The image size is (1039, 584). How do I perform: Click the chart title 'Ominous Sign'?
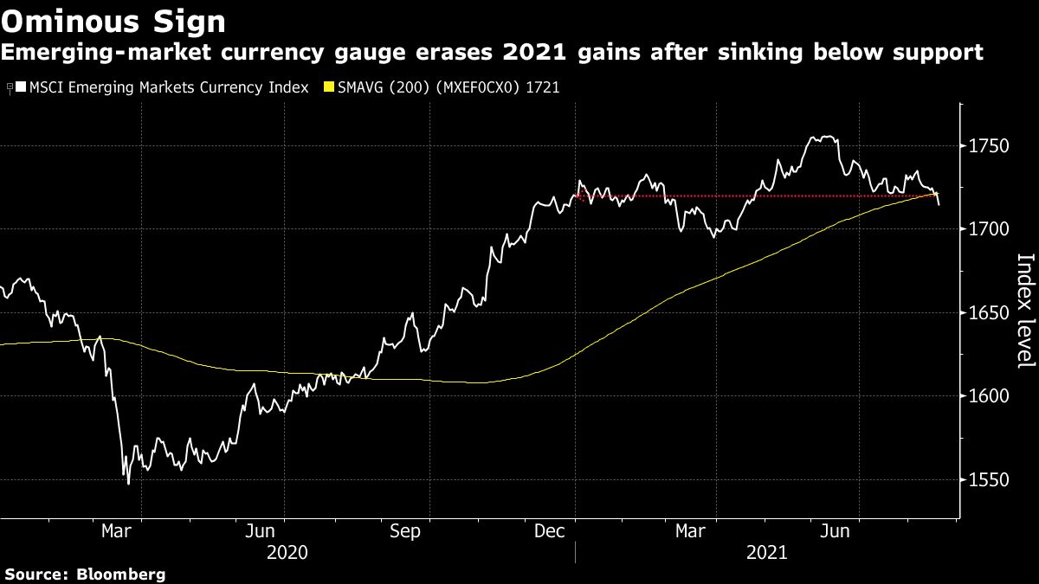click(x=113, y=20)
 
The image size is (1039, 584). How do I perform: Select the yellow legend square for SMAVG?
click(x=328, y=88)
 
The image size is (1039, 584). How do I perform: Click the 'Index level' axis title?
click(x=1025, y=311)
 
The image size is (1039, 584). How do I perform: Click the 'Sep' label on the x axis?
click(x=405, y=531)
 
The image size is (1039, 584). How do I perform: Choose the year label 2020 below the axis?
click(x=287, y=552)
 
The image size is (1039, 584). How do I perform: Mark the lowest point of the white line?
click(x=128, y=483)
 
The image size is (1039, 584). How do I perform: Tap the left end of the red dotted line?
click(x=575, y=196)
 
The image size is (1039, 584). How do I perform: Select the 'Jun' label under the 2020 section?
click(x=261, y=531)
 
